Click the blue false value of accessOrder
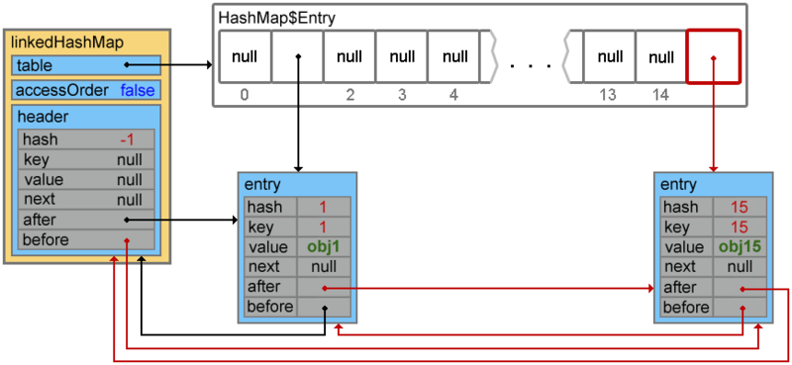[139, 91]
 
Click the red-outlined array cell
[713, 57]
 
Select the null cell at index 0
[244, 57]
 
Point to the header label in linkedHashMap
[42, 118]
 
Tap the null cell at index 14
[660, 57]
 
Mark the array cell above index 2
[348, 57]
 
